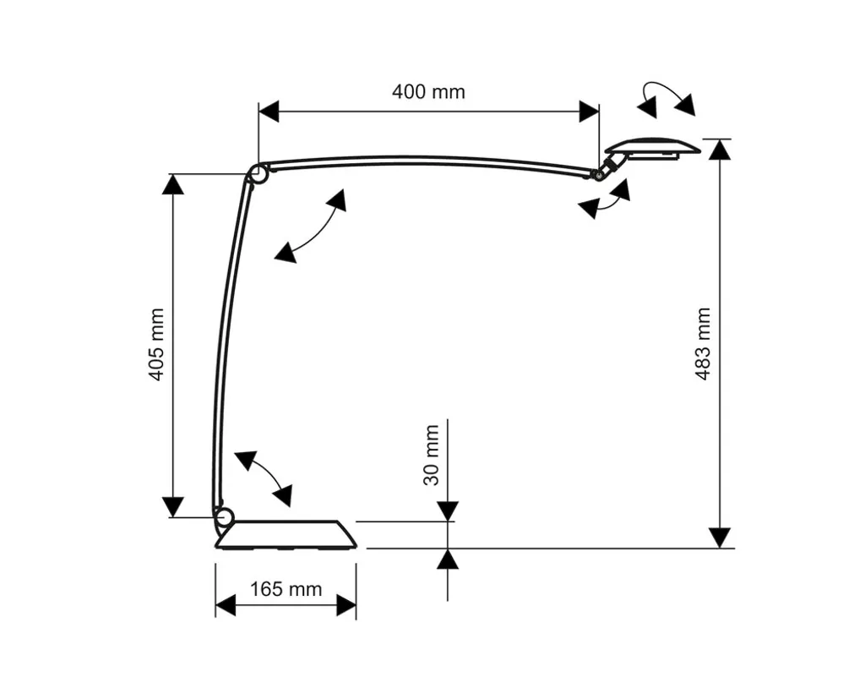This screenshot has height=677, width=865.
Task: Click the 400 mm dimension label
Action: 428,91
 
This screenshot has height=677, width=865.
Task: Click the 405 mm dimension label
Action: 157,345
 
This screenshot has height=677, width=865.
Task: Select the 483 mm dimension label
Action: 703,344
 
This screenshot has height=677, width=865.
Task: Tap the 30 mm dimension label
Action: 432,456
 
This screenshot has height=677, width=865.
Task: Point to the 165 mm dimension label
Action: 286,589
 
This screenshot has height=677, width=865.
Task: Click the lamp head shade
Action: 653,147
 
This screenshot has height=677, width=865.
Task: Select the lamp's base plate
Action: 286,535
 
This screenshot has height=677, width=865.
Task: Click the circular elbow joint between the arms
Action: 258,174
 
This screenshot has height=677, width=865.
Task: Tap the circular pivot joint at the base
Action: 224,517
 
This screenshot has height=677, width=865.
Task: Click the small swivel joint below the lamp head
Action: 606,167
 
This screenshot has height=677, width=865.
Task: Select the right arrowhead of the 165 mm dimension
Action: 345,606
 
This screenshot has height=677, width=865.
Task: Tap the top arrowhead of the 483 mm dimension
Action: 720,150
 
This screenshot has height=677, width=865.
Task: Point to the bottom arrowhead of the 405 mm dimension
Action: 172,506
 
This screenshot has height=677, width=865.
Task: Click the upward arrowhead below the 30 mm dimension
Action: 448,559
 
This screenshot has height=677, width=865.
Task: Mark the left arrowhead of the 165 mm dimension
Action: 225,606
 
